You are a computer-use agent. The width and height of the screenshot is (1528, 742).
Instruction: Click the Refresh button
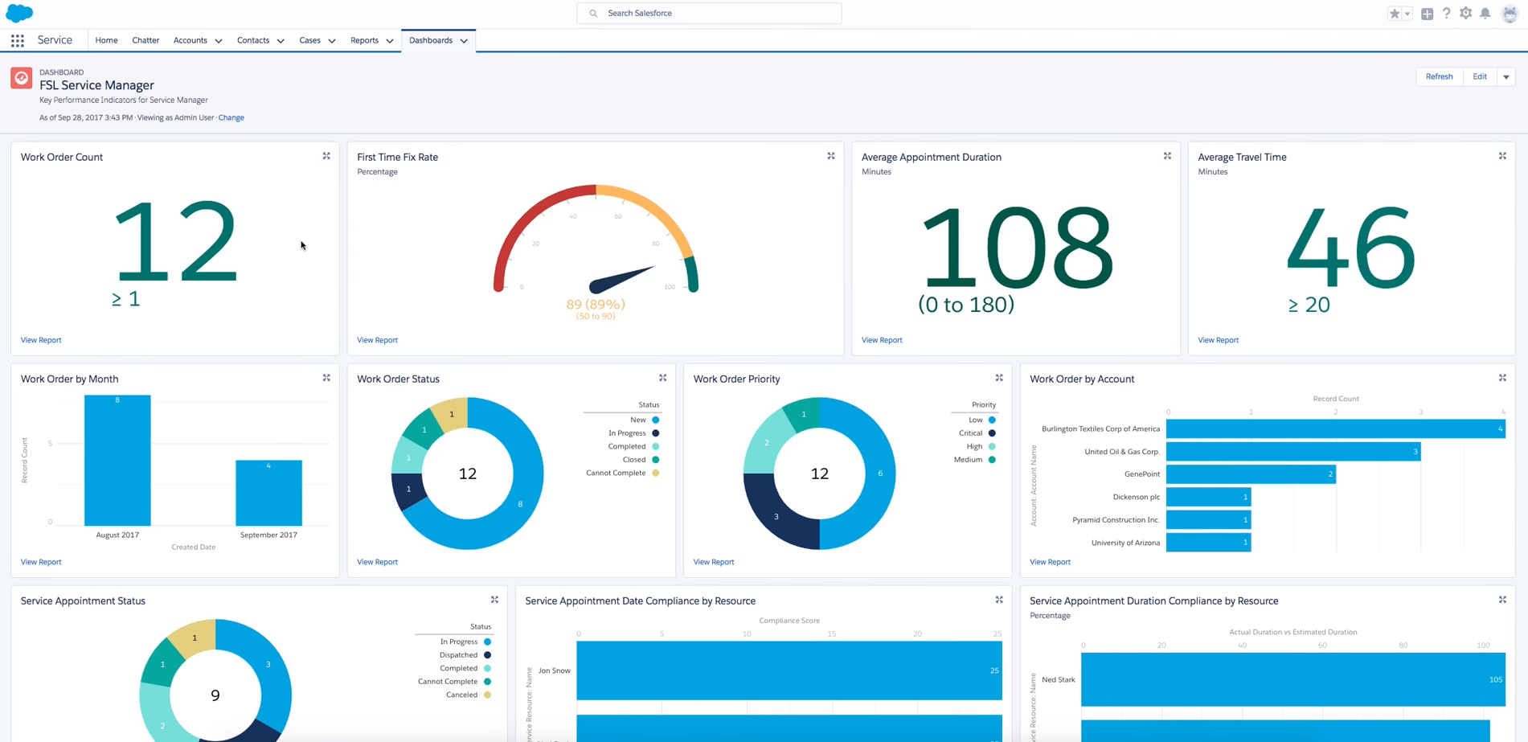click(x=1439, y=76)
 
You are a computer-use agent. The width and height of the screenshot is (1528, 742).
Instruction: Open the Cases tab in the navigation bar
click(x=309, y=40)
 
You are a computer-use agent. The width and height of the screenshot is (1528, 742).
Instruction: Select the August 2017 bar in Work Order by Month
click(x=117, y=460)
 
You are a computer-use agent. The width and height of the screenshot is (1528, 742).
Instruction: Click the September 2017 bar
click(x=268, y=493)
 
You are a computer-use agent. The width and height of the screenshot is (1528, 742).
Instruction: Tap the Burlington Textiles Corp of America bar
click(x=1335, y=428)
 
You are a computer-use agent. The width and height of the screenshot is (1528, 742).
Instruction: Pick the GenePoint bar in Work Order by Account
click(x=1251, y=474)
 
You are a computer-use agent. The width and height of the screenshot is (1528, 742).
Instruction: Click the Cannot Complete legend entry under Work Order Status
click(x=617, y=473)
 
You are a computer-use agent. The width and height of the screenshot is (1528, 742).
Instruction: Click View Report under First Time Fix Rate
click(x=377, y=340)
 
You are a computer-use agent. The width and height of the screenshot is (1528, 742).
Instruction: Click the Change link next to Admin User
click(x=231, y=117)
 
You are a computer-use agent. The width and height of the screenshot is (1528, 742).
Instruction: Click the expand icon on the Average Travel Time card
click(x=1502, y=156)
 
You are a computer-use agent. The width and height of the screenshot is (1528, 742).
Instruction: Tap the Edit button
click(x=1479, y=76)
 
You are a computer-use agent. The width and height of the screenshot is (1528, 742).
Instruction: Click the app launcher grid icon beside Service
click(x=18, y=40)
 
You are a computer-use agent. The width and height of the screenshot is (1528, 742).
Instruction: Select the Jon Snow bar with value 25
click(x=789, y=670)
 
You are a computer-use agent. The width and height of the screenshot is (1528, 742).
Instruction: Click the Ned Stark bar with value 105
click(x=1292, y=679)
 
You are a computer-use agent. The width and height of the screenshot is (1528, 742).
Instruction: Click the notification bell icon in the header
click(x=1485, y=13)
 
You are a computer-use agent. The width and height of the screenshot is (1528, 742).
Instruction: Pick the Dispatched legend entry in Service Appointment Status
click(x=459, y=654)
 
